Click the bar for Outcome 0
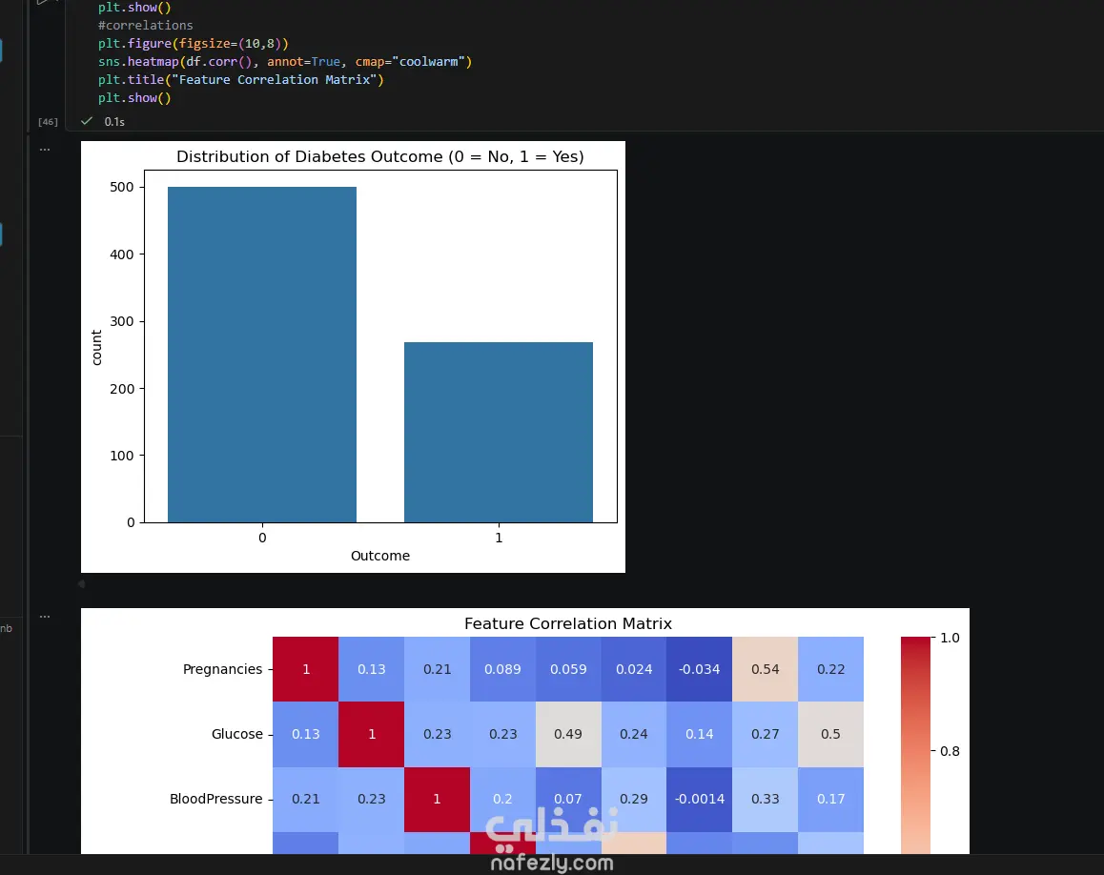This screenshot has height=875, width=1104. (262, 354)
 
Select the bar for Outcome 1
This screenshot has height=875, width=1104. (499, 432)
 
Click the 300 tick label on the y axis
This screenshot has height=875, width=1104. (122, 321)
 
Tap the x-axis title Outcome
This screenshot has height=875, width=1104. (380, 556)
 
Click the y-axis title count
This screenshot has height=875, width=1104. (96, 348)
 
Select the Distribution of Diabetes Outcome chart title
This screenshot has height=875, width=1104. (380, 156)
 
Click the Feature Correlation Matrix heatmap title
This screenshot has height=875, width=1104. (568, 623)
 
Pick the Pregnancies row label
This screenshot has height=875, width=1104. (222, 669)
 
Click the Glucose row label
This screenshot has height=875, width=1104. (237, 734)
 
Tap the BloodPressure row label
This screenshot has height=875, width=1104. (216, 799)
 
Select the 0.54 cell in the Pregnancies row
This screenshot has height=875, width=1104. (765, 669)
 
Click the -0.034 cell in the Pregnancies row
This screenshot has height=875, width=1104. (699, 669)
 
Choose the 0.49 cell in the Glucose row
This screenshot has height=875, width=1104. (568, 734)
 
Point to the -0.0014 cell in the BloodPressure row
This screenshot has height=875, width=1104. (699, 799)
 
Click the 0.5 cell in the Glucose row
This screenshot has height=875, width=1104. (830, 734)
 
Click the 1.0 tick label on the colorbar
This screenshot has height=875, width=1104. (950, 638)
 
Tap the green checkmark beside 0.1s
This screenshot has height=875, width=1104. (87, 121)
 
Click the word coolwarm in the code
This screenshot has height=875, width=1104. (428, 61)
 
